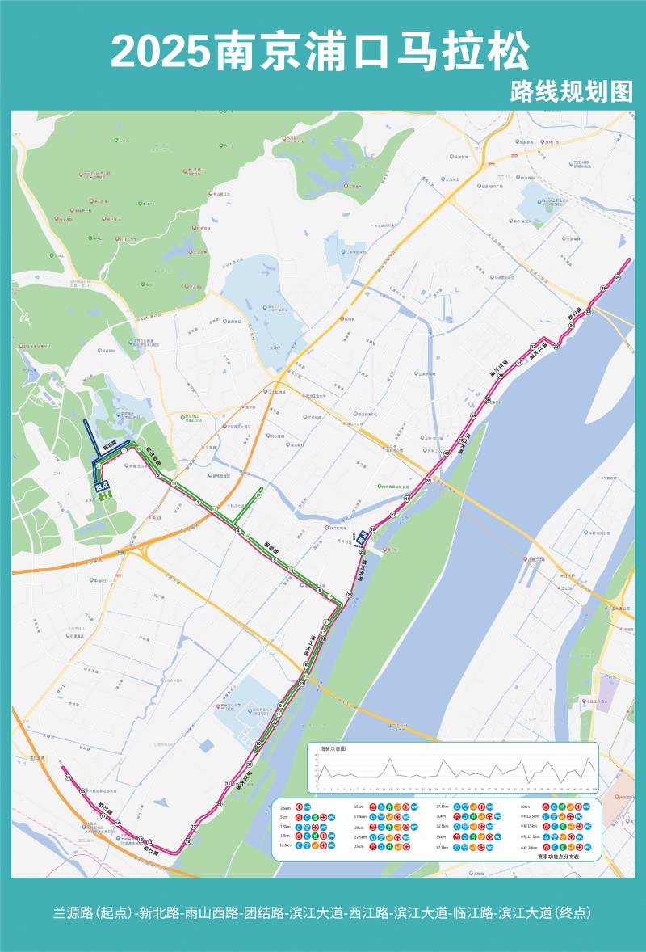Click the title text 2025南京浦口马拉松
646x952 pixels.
[321, 53]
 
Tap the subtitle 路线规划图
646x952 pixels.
[571, 91]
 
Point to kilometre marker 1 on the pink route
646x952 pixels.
[125, 451]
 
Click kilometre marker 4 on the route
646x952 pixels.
[238, 530]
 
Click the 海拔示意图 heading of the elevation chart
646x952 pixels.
[332, 749]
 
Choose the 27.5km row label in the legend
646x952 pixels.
[442, 807]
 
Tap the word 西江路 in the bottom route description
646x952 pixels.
[366, 913]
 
